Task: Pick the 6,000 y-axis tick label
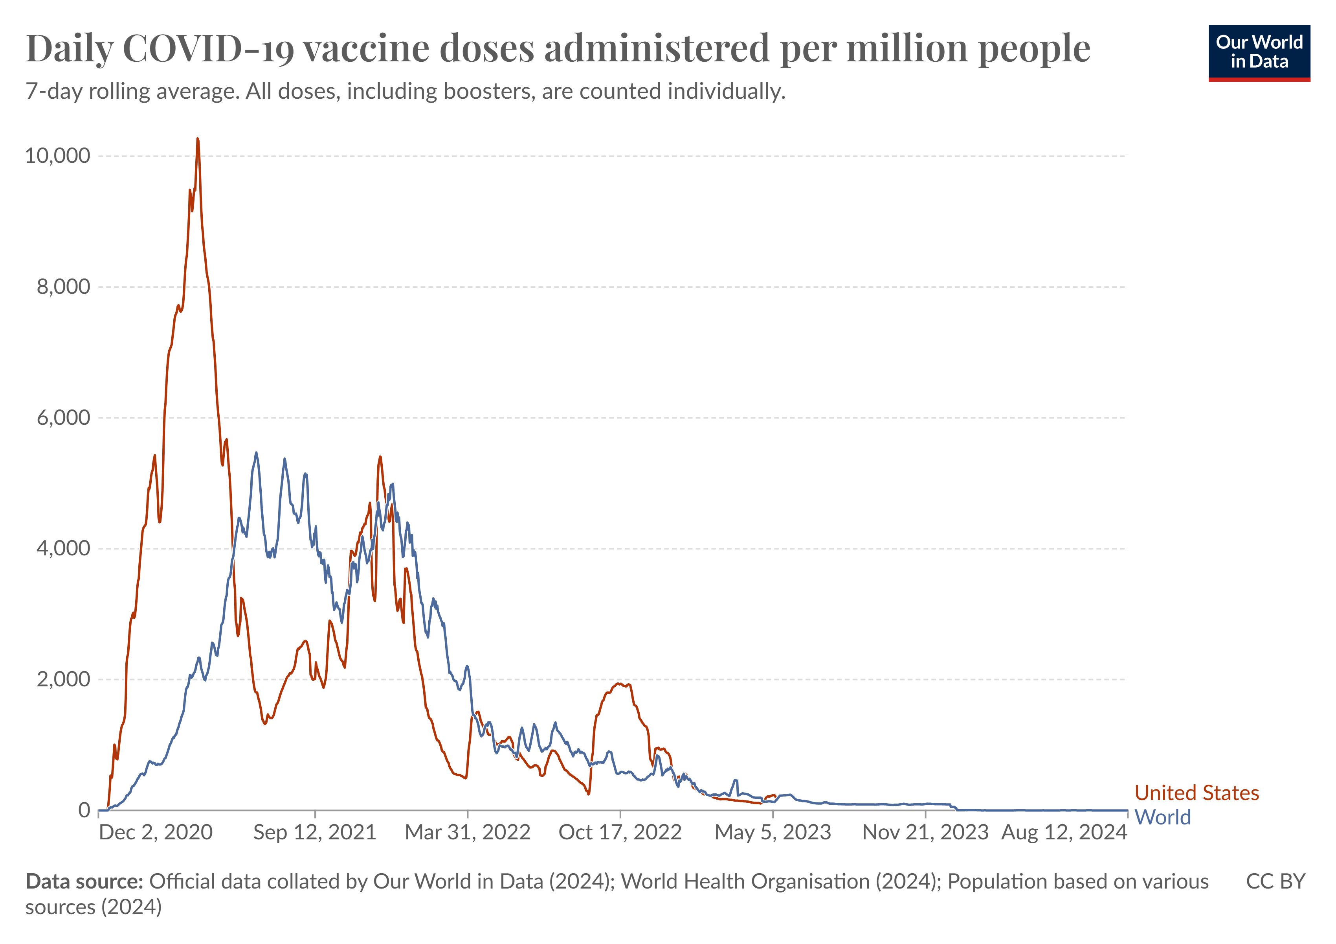(x=63, y=418)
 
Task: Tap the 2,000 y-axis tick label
(x=63, y=679)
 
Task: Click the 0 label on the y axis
(x=84, y=810)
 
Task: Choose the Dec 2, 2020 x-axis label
(x=156, y=832)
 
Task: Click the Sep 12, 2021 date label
(x=315, y=832)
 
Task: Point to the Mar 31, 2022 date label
(x=468, y=832)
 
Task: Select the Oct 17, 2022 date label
(x=620, y=832)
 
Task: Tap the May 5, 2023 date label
(x=773, y=832)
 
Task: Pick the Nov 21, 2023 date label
(x=925, y=832)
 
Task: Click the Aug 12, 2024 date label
(x=1064, y=832)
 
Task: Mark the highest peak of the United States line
(x=198, y=139)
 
